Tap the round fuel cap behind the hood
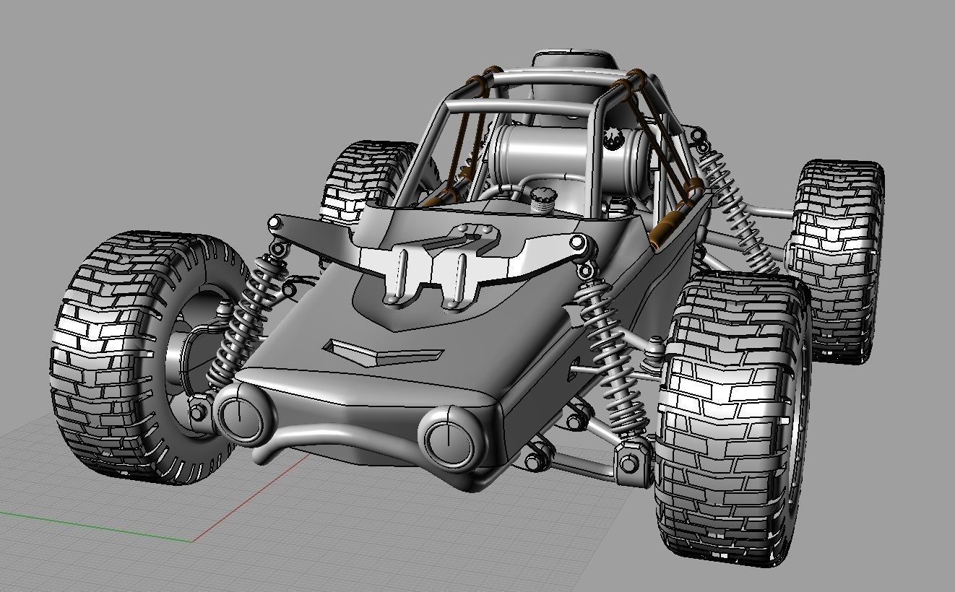point(540,198)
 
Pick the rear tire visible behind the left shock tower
point(361,180)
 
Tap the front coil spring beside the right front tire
point(614,361)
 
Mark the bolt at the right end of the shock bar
point(576,242)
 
